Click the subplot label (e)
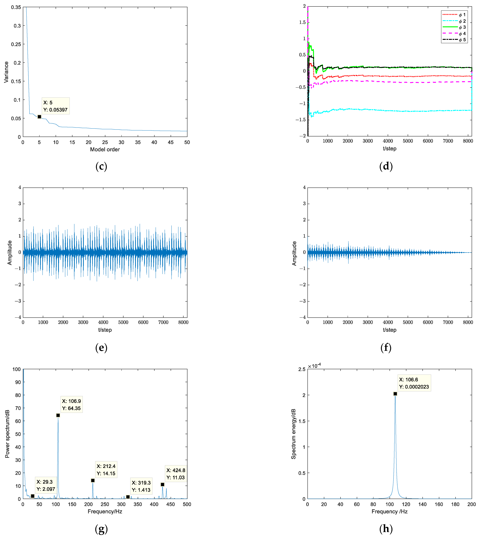101,348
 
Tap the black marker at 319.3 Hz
128,497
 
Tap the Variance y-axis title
6,72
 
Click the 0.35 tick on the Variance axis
16,7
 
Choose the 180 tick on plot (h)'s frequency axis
455,504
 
